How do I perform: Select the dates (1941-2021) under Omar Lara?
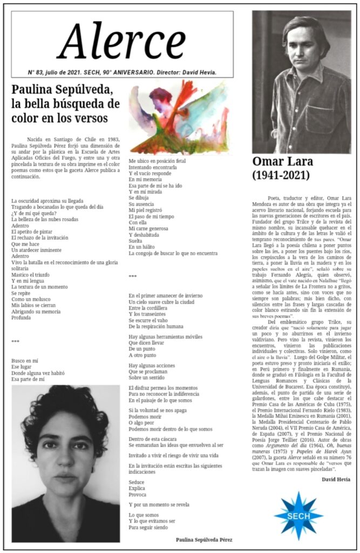281,175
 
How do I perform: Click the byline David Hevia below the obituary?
336,480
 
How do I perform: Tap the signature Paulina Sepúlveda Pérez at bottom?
204,539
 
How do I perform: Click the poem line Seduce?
137,482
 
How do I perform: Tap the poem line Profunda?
22,318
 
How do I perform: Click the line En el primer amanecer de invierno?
166,295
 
